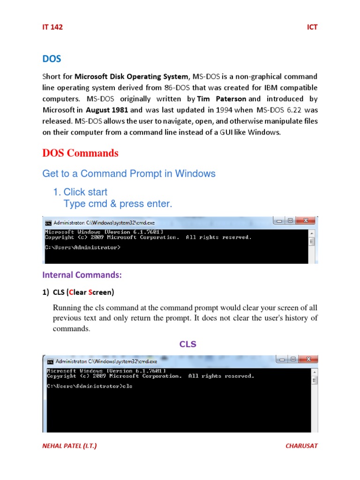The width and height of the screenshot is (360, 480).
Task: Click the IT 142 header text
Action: click(52, 27)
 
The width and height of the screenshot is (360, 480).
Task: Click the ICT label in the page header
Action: click(312, 27)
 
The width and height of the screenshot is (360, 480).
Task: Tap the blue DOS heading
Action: click(52, 59)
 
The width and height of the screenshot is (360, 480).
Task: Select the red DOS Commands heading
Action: click(80, 153)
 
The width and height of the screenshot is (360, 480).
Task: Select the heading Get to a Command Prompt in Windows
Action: click(129, 173)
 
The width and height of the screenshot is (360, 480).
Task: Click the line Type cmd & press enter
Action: click(118, 203)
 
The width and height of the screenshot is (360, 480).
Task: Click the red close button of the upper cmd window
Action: click(307, 220)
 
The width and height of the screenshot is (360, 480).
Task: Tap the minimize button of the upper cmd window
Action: click(280, 220)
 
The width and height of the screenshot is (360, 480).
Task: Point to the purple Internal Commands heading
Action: click(82, 274)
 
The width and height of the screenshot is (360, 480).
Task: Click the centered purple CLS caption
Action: click(188, 344)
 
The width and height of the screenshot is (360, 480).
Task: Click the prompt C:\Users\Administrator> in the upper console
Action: click(82, 247)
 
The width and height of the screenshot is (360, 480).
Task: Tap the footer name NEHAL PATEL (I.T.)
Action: click(70, 446)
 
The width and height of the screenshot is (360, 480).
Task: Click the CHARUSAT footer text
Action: click(301, 446)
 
